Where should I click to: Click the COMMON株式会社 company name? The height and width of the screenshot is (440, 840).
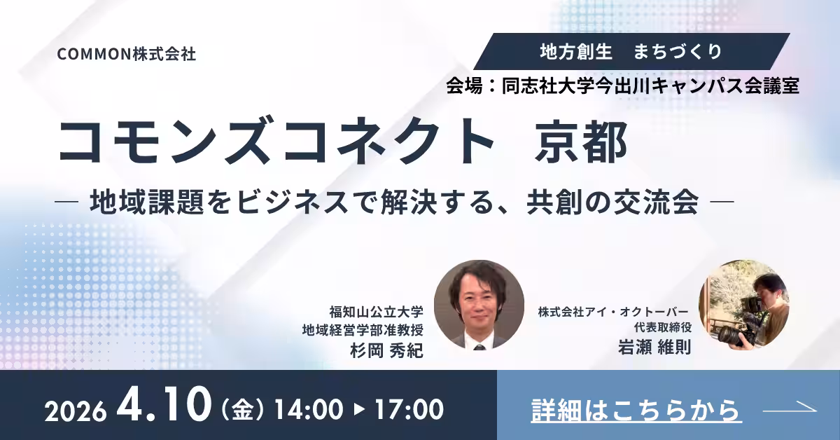tap(127, 54)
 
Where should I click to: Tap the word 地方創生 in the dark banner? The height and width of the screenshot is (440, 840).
tap(576, 51)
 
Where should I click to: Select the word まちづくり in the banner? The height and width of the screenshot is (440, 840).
tap(678, 51)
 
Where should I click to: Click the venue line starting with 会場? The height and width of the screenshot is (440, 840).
tap(622, 86)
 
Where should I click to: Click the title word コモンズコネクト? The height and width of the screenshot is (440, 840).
tap(276, 140)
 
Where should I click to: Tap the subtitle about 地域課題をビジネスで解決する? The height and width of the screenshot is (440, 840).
tap(394, 202)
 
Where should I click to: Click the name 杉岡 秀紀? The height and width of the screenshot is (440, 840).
tap(386, 351)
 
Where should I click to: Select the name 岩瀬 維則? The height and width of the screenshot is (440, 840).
tap(654, 347)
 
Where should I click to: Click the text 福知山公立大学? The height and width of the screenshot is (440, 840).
tap(377, 312)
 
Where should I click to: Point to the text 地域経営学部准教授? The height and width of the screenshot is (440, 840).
tap(363, 330)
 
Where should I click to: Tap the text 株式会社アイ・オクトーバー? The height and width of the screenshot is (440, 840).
tap(613, 312)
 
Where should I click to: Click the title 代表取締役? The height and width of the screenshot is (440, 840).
tap(663, 327)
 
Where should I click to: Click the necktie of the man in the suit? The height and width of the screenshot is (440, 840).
tap(479, 348)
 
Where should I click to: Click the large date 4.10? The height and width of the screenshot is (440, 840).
tap(164, 404)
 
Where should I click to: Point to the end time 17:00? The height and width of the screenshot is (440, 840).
tap(409, 409)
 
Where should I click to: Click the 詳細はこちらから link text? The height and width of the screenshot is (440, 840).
tap(636, 411)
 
